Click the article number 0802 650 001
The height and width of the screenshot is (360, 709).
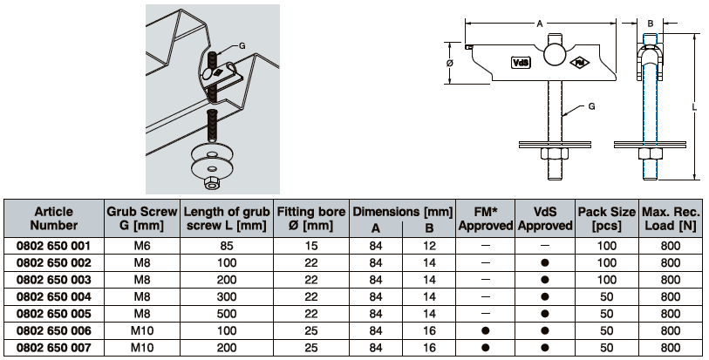(54, 245)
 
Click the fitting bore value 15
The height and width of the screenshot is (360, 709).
(311, 245)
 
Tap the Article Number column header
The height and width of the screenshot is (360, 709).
(54, 218)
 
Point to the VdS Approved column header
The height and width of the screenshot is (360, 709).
(545, 218)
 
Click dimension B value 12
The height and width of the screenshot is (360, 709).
(429, 245)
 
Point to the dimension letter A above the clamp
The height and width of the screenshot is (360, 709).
(539, 24)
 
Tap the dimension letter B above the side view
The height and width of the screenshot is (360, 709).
(650, 24)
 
